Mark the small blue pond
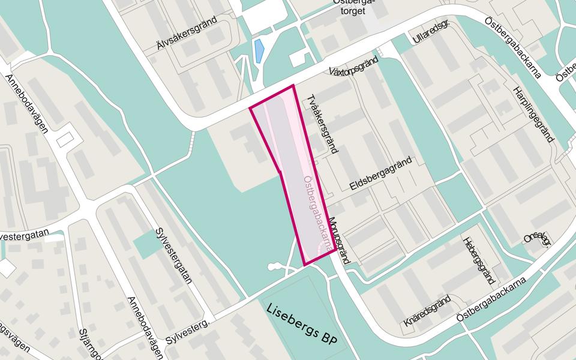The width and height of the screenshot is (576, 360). [259, 52]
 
